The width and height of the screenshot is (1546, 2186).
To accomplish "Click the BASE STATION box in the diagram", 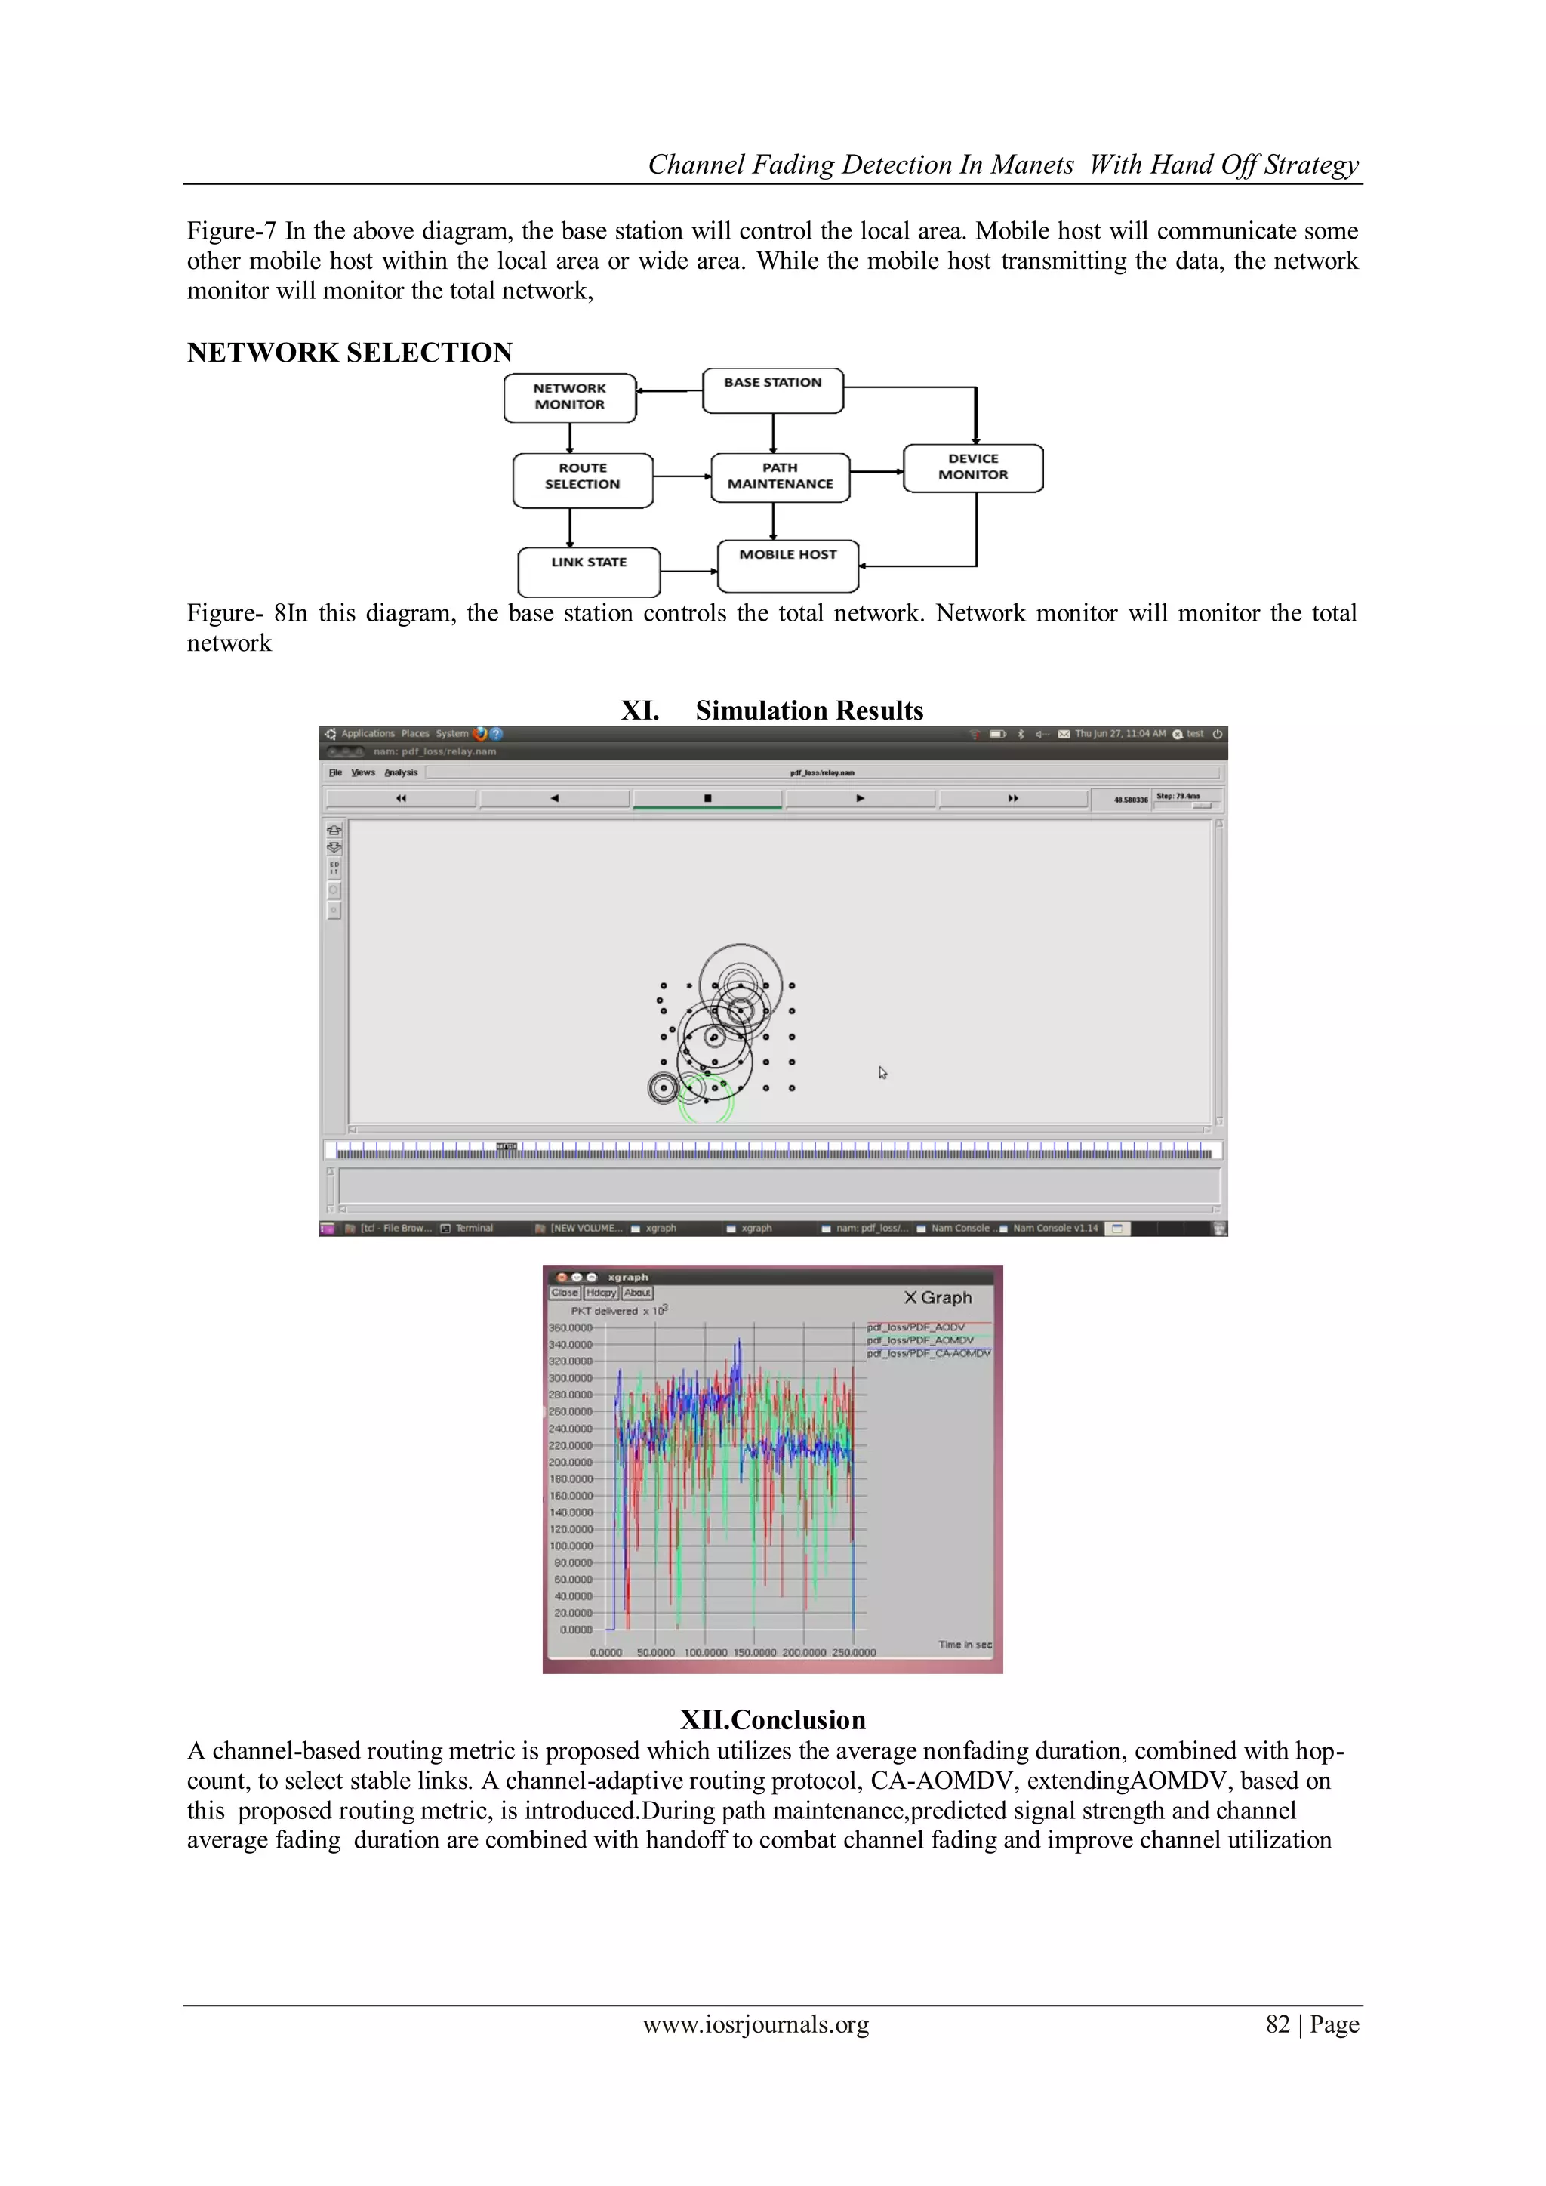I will pos(772,390).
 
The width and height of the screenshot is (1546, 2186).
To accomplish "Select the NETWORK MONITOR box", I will pos(569,397).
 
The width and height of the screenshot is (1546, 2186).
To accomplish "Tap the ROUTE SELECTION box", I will pos(582,479).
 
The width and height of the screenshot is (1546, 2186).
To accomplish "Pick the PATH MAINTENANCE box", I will pos(780,477).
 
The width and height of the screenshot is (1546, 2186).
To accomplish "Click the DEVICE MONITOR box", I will pos(972,467).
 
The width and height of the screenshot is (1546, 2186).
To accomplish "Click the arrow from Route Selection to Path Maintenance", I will pos(682,476).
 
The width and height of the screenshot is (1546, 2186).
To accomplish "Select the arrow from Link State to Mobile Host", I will pos(688,572).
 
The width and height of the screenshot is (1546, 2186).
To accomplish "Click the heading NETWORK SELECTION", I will pos(350,353).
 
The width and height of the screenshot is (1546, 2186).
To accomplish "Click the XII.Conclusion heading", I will pos(772,1719).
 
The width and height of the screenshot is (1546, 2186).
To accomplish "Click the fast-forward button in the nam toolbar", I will pos(1012,798).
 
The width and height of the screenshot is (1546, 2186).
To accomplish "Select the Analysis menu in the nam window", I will pos(401,773).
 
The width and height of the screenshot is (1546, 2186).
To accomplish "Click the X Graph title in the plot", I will pos(938,1298).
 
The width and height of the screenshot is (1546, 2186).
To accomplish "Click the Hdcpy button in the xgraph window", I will pos(601,1293).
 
